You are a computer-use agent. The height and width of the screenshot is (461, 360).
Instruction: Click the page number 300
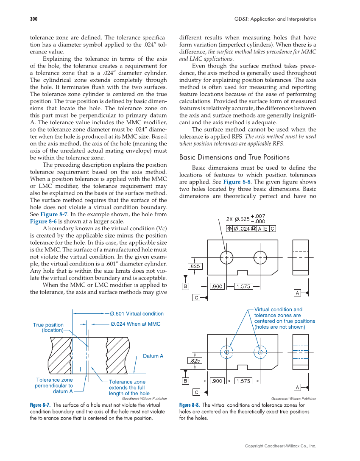pos(34,19)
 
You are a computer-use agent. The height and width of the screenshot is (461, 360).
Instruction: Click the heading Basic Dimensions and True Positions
pos(234,157)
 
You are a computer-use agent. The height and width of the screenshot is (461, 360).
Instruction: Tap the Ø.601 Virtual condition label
pos(137,314)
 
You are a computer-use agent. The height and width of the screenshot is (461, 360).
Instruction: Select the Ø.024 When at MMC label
pos(135,324)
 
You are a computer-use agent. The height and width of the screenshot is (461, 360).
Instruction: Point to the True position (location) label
pos(48,327)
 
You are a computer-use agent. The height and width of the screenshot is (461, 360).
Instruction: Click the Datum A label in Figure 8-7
pos(153,356)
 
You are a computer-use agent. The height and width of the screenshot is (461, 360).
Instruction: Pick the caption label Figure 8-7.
pos(40,405)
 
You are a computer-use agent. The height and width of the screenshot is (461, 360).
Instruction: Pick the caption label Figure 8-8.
pos(190,405)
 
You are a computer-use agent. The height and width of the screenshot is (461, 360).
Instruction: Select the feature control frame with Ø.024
pos(251,229)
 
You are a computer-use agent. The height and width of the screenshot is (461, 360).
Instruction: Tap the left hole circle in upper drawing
pos(226,257)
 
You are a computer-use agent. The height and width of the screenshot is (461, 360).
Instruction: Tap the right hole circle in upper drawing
pos(260,257)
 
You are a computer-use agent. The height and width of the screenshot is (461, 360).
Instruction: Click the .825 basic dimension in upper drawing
pos(195,266)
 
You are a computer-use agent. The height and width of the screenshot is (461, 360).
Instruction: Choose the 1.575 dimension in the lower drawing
pos(243,381)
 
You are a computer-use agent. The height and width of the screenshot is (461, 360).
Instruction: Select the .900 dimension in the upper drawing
pos(217,287)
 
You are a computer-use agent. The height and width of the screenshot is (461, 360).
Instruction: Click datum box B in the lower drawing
pos(185,381)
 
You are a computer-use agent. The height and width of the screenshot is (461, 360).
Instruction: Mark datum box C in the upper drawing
pos(197,298)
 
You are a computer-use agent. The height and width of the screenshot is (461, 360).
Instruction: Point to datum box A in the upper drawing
pos(298,293)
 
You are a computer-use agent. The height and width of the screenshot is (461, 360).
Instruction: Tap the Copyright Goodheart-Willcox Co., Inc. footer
pos(281,446)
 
